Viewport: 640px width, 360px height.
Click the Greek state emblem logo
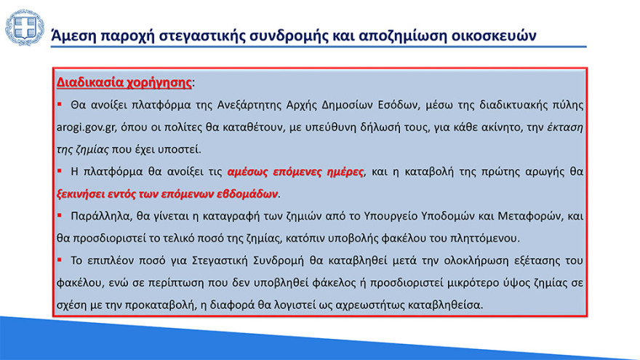pyautogui.click(x=24, y=27)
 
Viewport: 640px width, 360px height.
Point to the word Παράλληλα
pyautogui.click(x=99, y=217)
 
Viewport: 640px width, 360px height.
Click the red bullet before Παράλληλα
pyautogui.click(x=61, y=216)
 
